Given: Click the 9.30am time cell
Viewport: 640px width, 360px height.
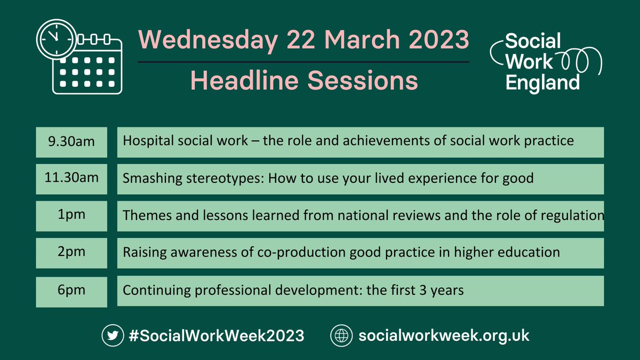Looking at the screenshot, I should (x=71, y=142).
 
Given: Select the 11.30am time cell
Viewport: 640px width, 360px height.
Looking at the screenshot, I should (x=71, y=178).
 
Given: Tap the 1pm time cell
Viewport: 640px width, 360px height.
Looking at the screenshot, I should (x=71, y=216).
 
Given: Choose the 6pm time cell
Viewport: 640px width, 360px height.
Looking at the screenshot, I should (x=71, y=291).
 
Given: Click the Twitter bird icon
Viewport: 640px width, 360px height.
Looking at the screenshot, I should (x=111, y=335).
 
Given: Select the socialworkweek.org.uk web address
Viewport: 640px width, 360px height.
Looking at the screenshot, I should (x=444, y=336).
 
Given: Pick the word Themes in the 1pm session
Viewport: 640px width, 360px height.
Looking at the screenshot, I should (x=141, y=215).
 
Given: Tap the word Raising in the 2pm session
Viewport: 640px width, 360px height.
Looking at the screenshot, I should (x=141, y=253).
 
